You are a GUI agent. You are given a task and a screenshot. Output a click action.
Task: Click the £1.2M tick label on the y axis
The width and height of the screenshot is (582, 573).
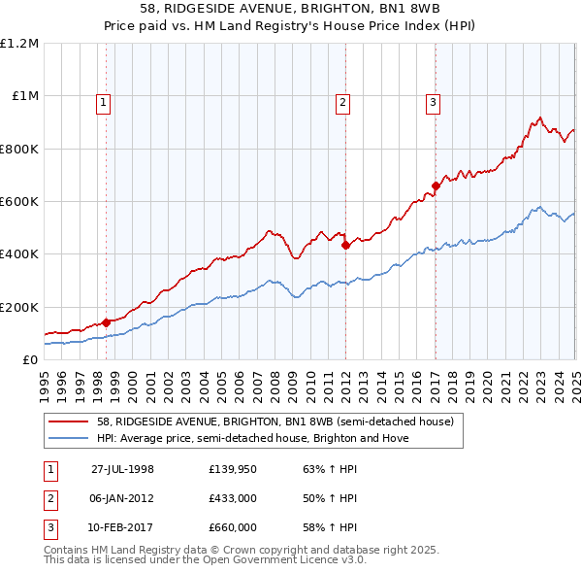point(19,44)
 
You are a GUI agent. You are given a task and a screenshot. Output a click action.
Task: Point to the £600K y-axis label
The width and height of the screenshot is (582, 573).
point(19,202)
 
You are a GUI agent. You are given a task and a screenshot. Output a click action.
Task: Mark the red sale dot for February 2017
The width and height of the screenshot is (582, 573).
point(436,185)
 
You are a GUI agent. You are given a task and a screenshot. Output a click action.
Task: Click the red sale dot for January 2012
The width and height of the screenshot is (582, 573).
point(345,246)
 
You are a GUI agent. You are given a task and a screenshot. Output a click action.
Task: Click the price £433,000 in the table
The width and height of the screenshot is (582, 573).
point(232,498)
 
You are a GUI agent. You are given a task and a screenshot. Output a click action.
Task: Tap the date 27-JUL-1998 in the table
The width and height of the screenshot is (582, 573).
point(122,469)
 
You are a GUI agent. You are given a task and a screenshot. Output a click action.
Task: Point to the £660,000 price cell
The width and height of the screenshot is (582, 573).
point(232,527)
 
